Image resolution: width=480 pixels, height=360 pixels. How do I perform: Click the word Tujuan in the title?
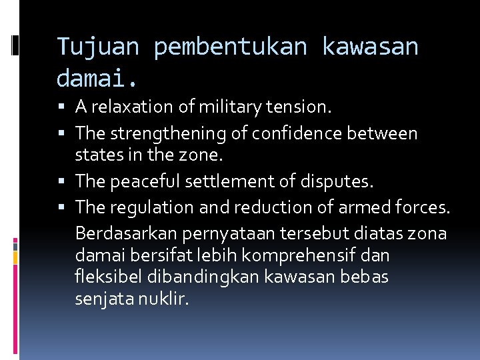point(97,47)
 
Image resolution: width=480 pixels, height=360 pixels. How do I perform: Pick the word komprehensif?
point(317,255)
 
